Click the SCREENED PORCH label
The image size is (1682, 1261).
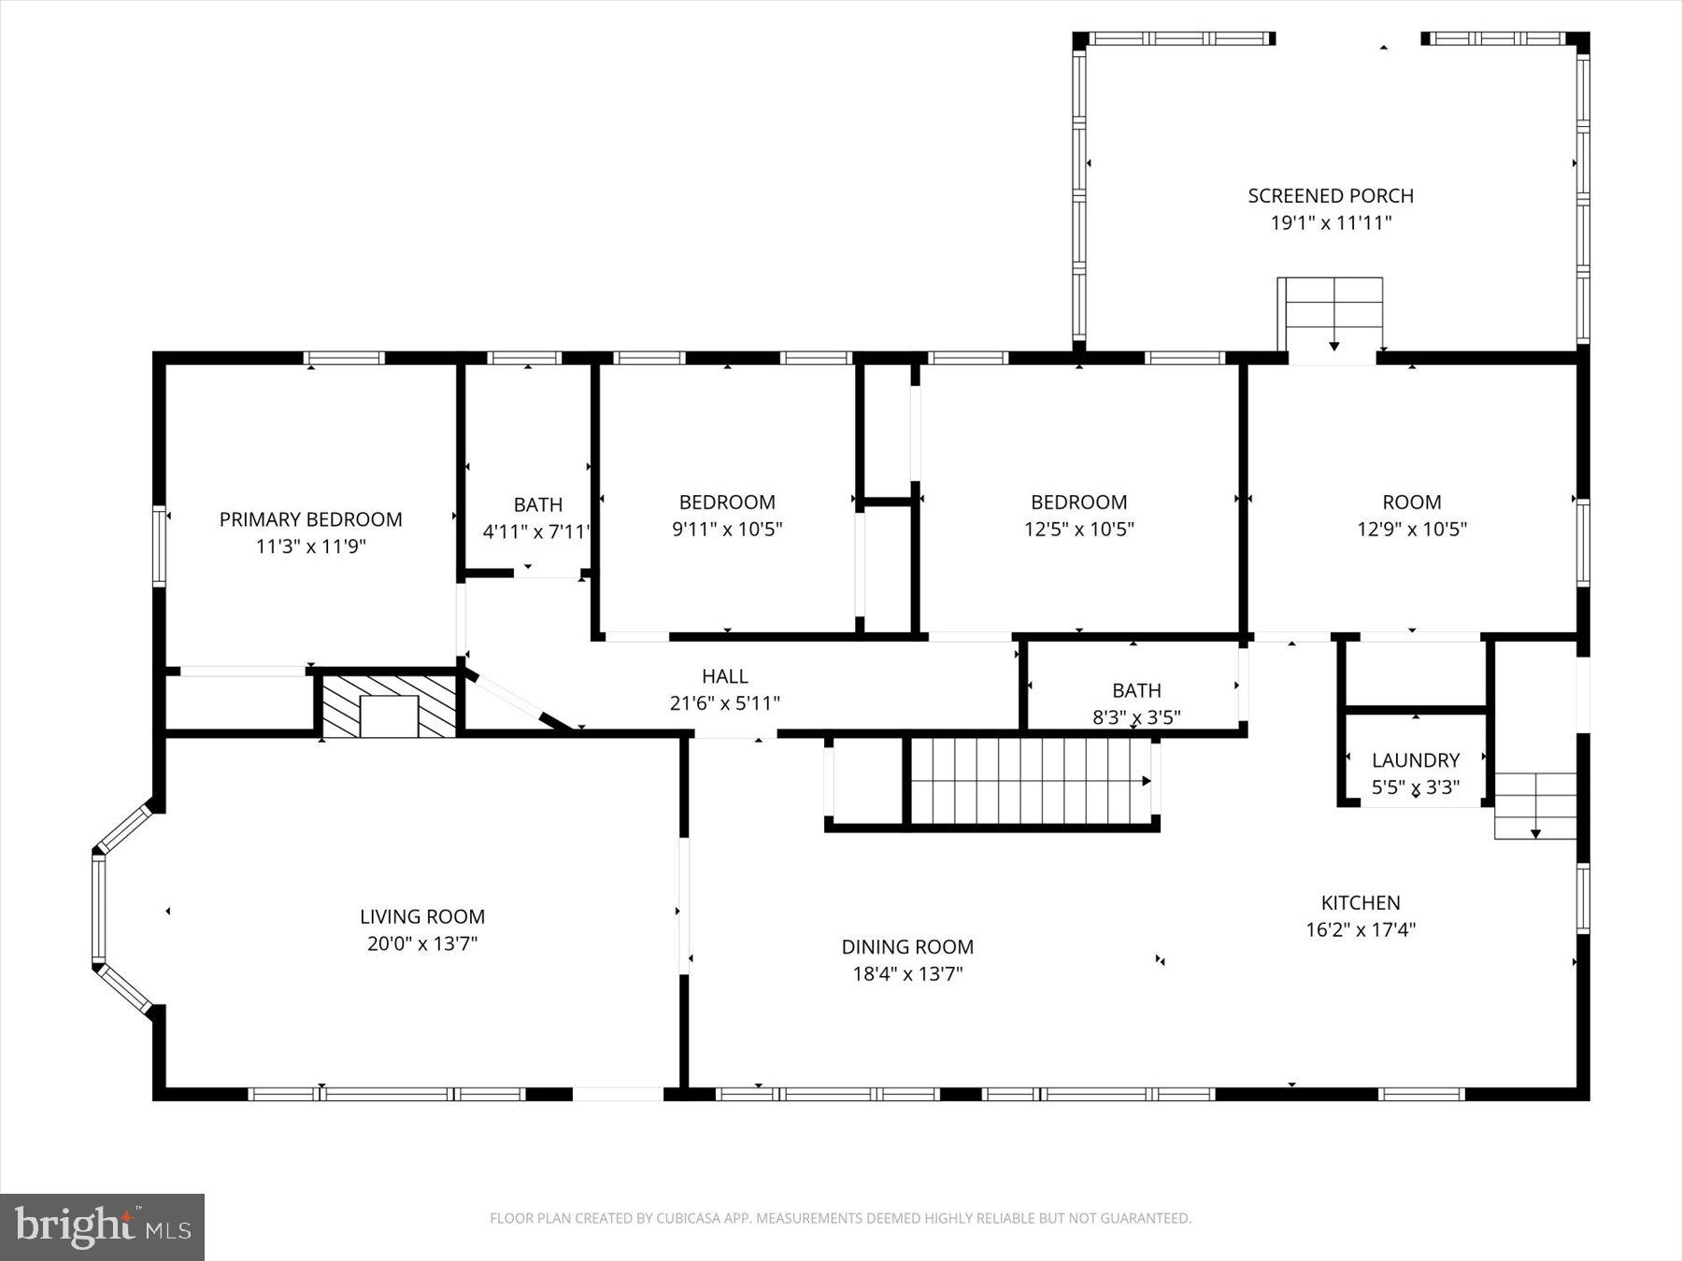coord(1331,196)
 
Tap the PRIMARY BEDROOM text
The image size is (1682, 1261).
coord(310,519)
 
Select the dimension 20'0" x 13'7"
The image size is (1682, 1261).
coord(422,943)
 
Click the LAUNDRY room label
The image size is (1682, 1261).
coord(1415,760)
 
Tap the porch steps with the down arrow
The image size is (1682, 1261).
coord(1331,315)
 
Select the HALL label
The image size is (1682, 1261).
coord(725,676)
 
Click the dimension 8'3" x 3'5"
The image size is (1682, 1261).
coord(1136,717)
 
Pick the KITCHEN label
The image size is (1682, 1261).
coord(1361,902)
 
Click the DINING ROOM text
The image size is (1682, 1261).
coord(907,947)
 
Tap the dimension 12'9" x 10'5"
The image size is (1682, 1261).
coord(1412,529)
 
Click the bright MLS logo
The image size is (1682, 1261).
coord(102,1226)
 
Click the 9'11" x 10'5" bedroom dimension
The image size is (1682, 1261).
coord(727,529)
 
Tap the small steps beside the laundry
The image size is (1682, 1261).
coord(1535,805)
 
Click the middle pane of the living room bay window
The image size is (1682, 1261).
coord(98,911)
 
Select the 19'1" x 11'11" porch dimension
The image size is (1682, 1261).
coord(1331,223)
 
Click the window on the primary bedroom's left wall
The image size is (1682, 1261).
coord(159,545)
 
